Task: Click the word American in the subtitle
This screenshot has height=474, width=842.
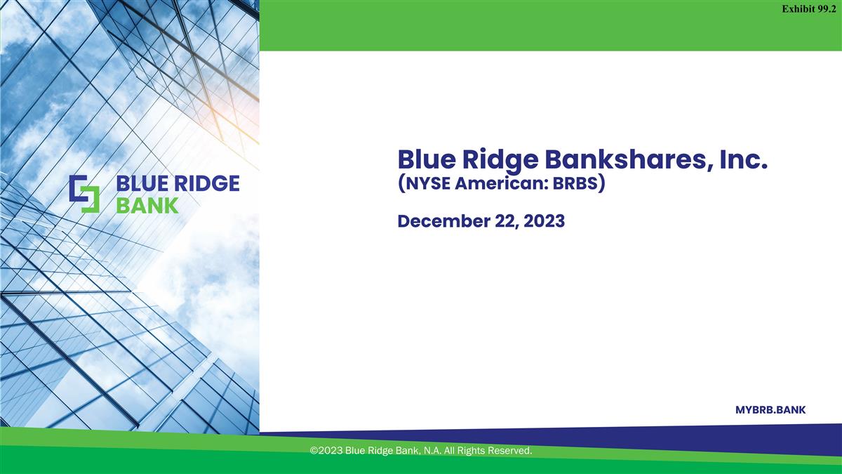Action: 499,186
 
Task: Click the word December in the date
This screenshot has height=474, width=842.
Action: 439,221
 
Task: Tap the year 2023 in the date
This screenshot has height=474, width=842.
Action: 540,221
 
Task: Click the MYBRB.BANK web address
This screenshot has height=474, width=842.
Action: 770,410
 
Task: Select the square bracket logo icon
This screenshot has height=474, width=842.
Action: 84,195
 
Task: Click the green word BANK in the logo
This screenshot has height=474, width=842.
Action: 147,205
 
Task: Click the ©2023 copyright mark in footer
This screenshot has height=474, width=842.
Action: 326,450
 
